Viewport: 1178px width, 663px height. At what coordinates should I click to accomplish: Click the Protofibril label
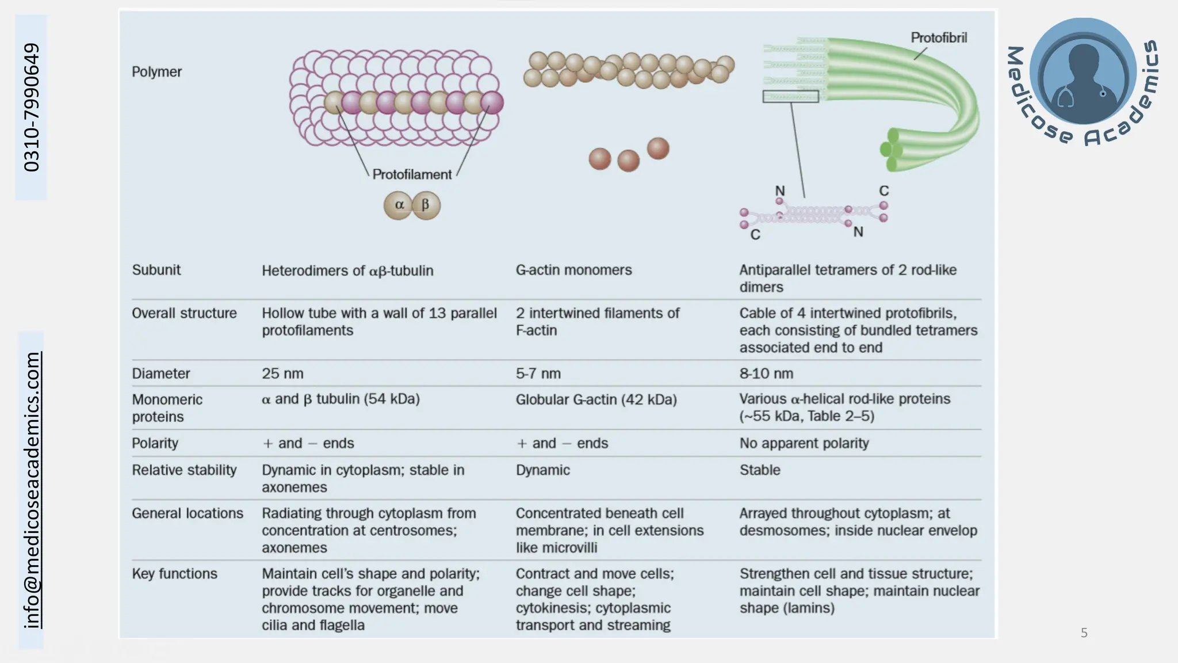tap(938, 38)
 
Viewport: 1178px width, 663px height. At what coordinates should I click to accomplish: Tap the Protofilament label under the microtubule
tap(412, 174)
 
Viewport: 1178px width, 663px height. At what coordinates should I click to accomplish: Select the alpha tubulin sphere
tap(399, 205)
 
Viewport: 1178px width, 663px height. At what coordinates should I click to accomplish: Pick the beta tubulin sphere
tap(426, 205)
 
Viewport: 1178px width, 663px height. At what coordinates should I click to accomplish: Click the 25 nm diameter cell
tap(282, 374)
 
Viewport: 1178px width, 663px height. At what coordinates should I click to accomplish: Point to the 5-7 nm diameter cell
tap(538, 374)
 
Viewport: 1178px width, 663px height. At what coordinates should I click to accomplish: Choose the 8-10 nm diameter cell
tap(766, 374)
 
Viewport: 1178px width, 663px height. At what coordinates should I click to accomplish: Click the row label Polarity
tap(155, 443)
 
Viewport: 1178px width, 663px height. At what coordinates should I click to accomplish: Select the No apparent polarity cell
tap(804, 443)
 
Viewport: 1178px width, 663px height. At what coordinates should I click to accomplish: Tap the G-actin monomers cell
tap(573, 270)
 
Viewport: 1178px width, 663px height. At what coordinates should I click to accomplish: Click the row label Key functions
tap(174, 574)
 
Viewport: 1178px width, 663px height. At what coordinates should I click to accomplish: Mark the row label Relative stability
tap(184, 470)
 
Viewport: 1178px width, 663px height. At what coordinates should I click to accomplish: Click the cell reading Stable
tap(759, 470)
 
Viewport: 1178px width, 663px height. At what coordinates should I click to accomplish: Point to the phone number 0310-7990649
tap(31, 107)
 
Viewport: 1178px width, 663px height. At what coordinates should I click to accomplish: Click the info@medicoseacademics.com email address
tap(32, 490)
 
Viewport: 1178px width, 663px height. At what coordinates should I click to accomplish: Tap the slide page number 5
tap(1084, 633)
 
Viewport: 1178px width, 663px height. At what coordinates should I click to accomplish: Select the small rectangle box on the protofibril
tap(790, 97)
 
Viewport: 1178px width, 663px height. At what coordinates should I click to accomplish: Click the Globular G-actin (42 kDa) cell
tap(596, 399)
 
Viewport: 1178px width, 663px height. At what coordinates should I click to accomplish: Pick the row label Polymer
tap(156, 72)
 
